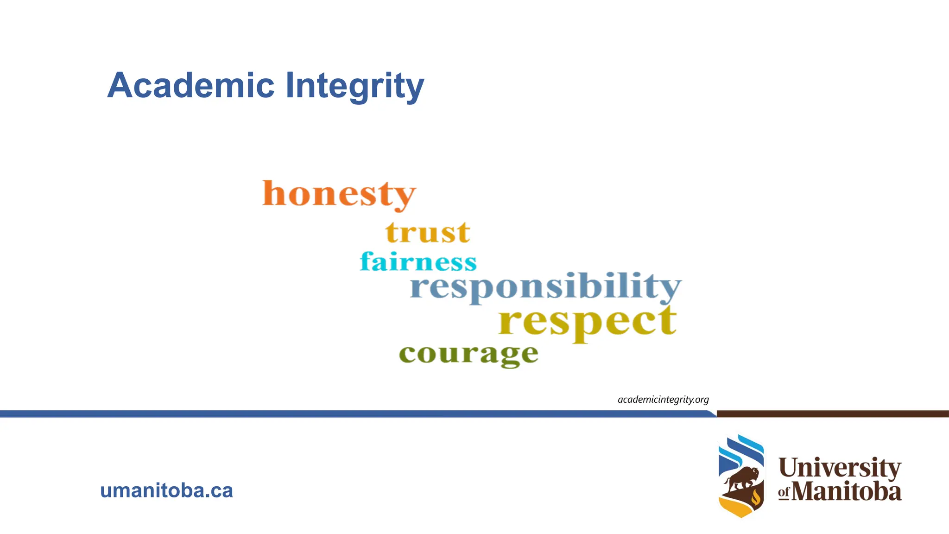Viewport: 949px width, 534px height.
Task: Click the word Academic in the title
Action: pyautogui.click(x=191, y=86)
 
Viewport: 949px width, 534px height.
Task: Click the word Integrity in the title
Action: pyautogui.click(x=354, y=87)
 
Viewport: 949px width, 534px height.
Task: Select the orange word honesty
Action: pyautogui.click(x=339, y=194)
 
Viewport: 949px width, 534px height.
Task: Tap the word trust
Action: pyautogui.click(x=428, y=232)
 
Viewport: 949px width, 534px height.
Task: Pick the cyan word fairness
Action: pyautogui.click(x=418, y=262)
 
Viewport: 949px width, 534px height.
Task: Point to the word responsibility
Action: pyautogui.click(x=545, y=287)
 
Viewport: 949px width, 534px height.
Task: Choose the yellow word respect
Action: pyautogui.click(x=588, y=321)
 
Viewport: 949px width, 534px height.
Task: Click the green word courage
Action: pyautogui.click(x=468, y=355)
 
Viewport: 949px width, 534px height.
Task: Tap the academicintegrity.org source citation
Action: pyautogui.click(x=663, y=400)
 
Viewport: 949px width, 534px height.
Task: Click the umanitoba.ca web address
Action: pyautogui.click(x=166, y=490)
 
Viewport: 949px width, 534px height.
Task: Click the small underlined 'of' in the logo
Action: pyautogui.click(x=784, y=492)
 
